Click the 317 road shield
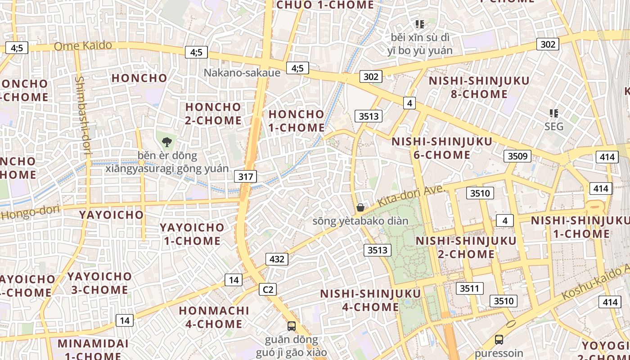[x=245, y=176]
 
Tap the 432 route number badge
[x=277, y=259]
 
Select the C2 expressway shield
[x=267, y=289]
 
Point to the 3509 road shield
[x=517, y=156]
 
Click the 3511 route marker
[x=470, y=288]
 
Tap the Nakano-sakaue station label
[x=242, y=72]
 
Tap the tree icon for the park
[x=167, y=142]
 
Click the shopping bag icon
[x=360, y=207]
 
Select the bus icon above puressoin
[x=499, y=339]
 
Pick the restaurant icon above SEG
[x=553, y=113]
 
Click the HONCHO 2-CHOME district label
[x=213, y=113]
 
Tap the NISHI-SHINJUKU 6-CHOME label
[x=442, y=148]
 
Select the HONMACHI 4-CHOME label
[x=214, y=317]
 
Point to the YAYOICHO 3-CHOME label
[x=100, y=283]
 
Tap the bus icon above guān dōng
[x=292, y=325]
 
